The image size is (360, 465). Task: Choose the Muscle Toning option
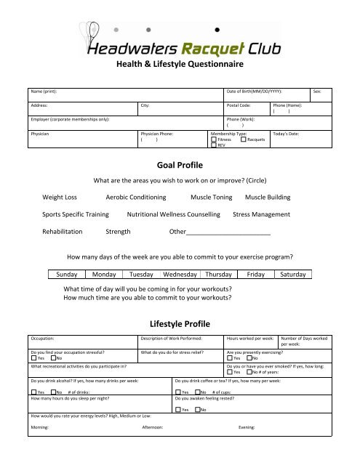[212, 197]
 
